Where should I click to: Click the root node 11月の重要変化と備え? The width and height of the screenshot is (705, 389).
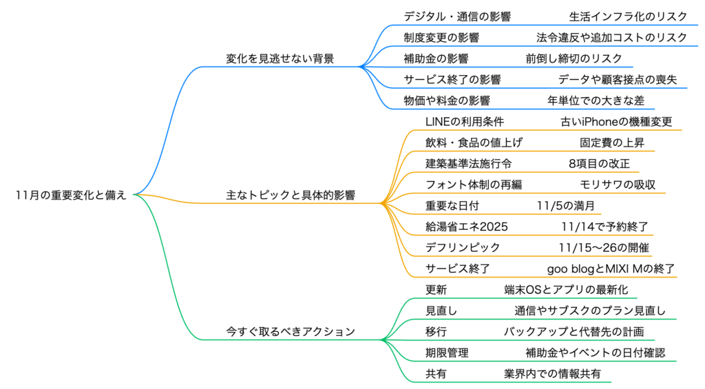[x=71, y=195]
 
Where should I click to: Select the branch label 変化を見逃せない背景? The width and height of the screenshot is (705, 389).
[x=280, y=59]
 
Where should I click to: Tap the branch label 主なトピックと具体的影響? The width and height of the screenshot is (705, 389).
[x=291, y=195]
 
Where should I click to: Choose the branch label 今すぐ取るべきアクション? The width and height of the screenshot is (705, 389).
[x=291, y=331]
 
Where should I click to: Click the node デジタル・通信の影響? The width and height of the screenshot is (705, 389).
[x=457, y=16]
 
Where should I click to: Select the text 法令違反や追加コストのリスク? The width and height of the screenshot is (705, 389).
[x=612, y=37]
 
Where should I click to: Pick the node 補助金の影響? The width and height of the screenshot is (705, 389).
[x=436, y=59]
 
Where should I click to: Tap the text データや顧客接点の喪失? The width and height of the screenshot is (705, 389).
[x=618, y=79]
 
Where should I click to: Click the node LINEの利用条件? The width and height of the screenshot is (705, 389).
[x=465, y=122]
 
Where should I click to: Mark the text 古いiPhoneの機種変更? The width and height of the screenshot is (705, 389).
[x=616, y=122]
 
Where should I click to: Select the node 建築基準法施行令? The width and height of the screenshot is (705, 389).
[x=468, y=164]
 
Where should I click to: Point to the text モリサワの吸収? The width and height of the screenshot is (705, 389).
[x=617, y=185]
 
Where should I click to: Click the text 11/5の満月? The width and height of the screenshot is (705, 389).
[x=565, y=206]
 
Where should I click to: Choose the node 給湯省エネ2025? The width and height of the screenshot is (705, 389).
[x=467, y=227]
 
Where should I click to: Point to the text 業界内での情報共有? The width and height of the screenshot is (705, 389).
[x=552, y=374]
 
